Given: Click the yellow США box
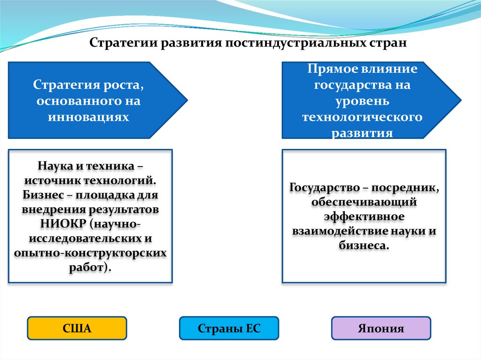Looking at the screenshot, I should (x=77, y=328).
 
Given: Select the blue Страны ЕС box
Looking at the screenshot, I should (x=229, y=328).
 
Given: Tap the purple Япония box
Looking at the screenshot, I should (x=380, y=328).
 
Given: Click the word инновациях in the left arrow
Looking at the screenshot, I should (x=88, y=117).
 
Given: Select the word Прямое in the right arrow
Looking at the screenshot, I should (x=333, y=69).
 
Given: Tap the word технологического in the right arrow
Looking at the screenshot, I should (x=362, y=117).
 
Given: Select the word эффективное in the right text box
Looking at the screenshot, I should (x=364, y=217).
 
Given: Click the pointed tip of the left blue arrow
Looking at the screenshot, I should (x=187, y=100).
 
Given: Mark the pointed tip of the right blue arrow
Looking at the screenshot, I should (x=460, y=100).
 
